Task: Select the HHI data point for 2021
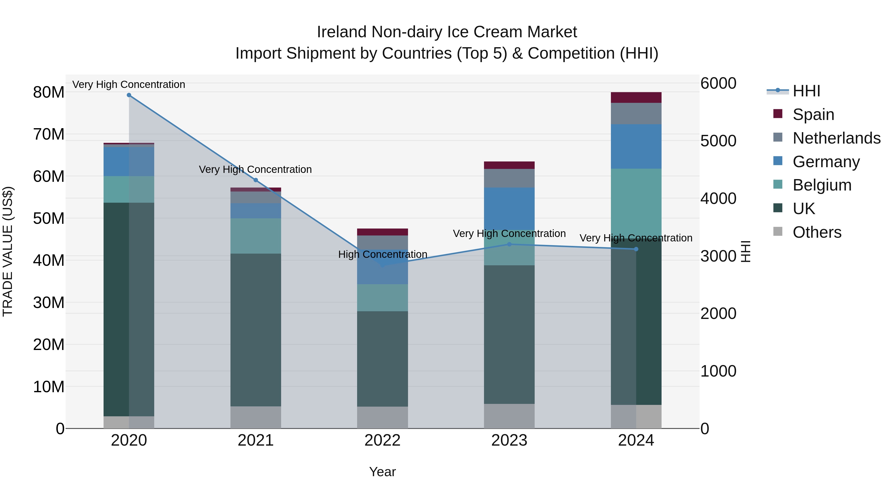point(256,180)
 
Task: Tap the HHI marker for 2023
point(510,244)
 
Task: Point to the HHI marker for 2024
point(636,249)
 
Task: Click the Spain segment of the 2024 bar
point(636,98)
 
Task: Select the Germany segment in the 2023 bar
point(510,208)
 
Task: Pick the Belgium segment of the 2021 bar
point(256,236)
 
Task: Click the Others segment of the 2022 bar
point(382,418)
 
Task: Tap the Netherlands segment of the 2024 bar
point(636,114)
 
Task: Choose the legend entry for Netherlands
point(836,138)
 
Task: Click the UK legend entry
point(804,209)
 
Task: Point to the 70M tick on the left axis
point(49,134)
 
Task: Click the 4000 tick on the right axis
point(718,198)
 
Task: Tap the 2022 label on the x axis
point(382,440)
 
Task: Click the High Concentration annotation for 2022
point(382,254)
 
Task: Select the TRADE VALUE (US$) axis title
point(8,251)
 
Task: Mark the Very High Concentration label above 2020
point(129,84)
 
